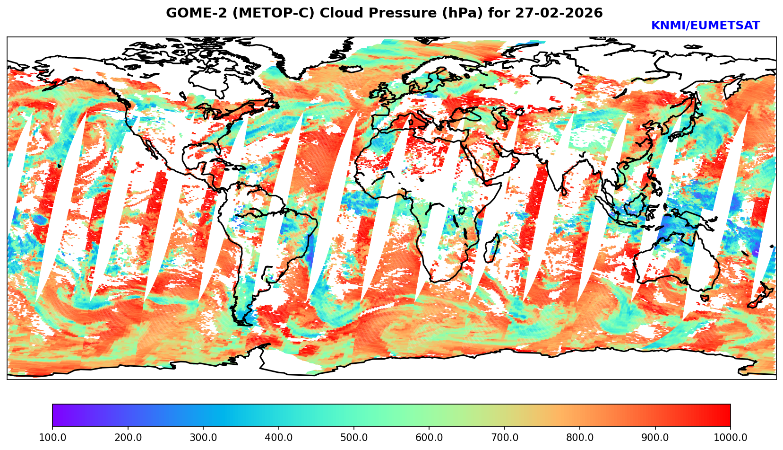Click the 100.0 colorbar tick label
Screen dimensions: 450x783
52,438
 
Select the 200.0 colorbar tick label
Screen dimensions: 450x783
128,438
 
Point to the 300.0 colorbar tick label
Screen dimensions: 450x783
203,438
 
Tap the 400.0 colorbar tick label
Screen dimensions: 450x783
278,438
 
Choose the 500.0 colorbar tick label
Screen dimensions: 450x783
354,438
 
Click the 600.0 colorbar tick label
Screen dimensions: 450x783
429,438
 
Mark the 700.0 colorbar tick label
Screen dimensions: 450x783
505,438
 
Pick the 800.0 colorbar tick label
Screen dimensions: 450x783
580,438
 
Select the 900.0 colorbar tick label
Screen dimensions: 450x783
655,438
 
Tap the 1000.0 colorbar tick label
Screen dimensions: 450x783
731,438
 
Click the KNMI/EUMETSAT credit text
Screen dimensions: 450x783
705,26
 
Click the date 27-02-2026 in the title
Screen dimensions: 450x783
559,13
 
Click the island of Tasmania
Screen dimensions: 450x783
704,298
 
